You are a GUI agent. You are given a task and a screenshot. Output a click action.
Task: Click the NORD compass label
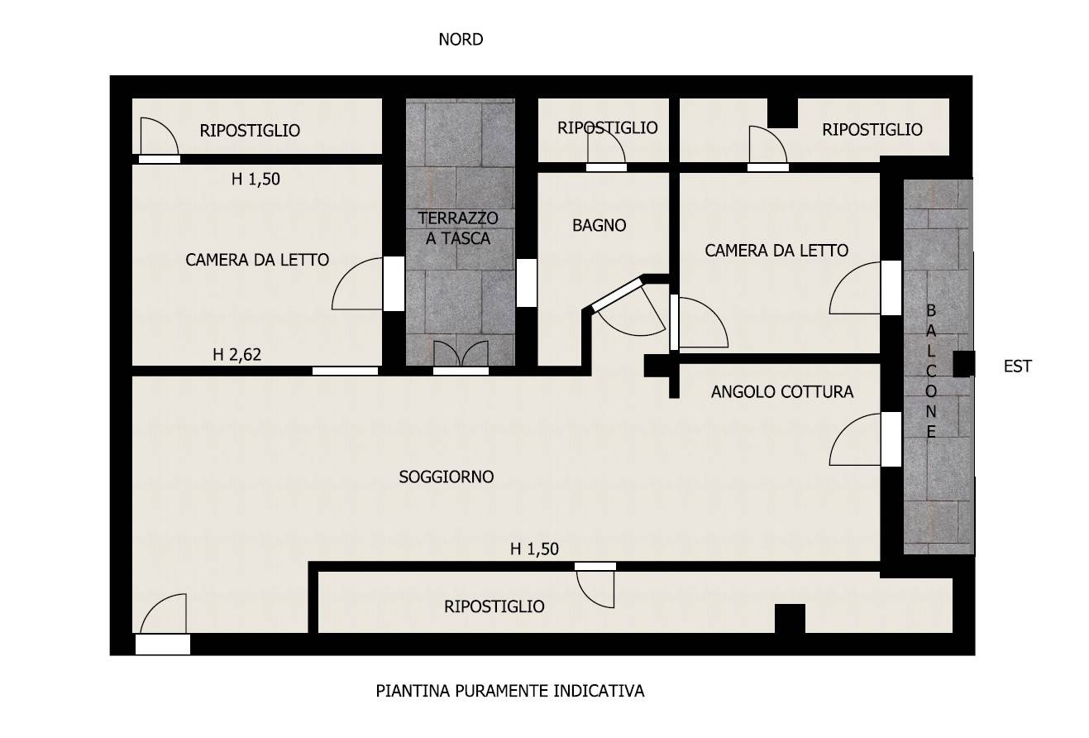461,40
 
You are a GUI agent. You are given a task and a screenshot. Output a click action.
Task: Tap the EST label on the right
1017,367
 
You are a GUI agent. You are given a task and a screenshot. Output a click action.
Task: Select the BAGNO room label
599,225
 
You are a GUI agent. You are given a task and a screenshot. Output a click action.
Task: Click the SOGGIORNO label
447,477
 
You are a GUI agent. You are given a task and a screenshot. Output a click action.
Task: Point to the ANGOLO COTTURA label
781,391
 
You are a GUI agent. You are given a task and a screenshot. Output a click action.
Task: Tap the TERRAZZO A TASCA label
458,228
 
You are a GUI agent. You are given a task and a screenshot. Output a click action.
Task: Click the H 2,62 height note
236,355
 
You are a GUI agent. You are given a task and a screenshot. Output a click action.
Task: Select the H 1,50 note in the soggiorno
534,549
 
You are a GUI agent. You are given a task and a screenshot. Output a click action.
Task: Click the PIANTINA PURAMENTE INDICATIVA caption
510,691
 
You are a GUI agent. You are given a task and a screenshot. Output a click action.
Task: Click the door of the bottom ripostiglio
595,589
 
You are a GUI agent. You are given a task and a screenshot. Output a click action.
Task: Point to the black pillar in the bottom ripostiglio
790,618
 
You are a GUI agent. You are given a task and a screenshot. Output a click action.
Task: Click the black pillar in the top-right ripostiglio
783,113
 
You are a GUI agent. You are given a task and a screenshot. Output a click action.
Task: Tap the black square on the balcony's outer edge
963,364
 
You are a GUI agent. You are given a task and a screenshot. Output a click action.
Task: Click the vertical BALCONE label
931,371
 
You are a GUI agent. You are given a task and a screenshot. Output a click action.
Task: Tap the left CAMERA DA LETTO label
257,260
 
